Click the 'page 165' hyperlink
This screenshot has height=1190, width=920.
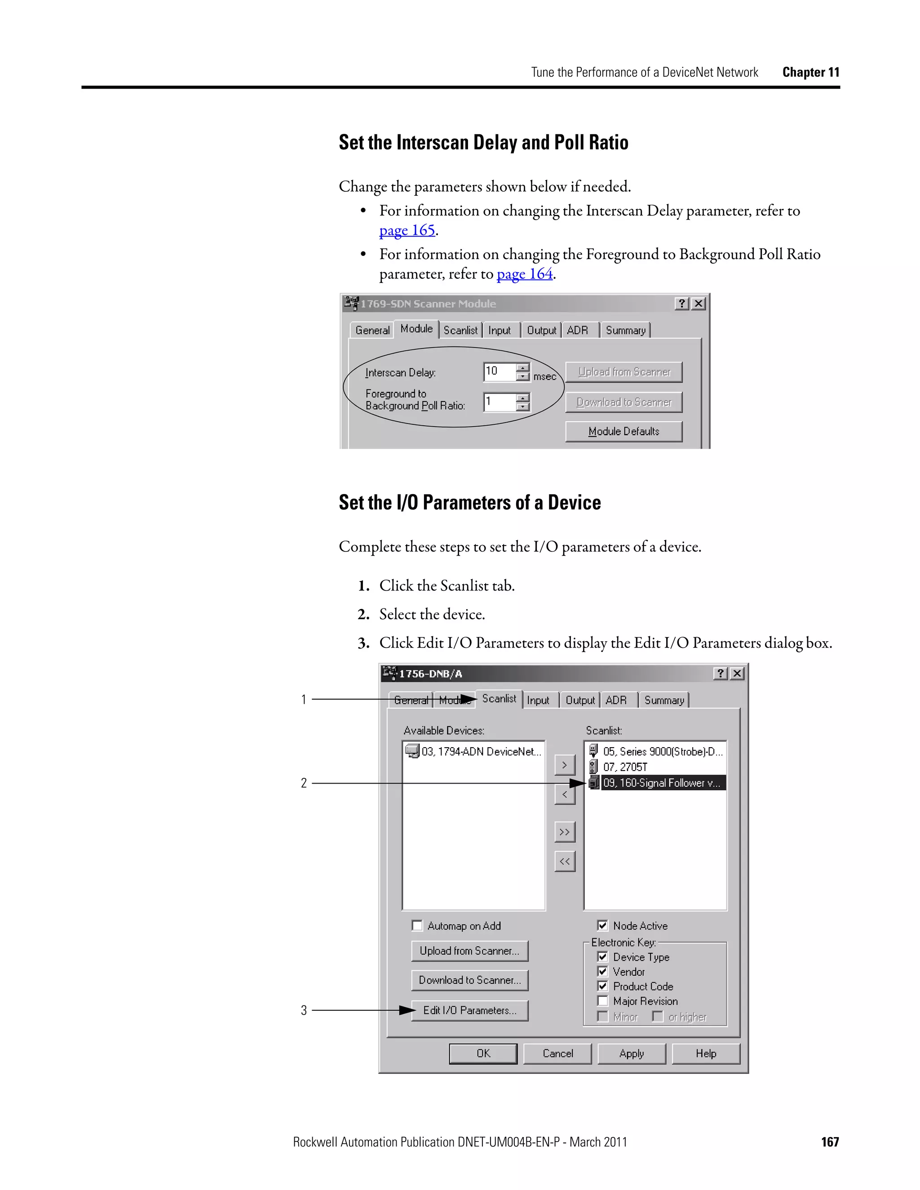pos(407,230)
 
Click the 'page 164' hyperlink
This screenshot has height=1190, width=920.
pos(524,274)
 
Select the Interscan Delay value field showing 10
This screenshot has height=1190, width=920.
pos(499,372)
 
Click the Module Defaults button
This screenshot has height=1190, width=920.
pos(624,432)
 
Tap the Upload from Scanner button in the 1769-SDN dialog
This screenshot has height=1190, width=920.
pos(624,372)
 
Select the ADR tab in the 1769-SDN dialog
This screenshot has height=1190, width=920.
pos(578,330)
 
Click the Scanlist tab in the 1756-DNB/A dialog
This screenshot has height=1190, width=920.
pos(499,699)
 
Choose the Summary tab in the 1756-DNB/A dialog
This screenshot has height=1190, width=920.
pos(664,700)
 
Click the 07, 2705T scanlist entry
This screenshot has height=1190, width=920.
pos(625,767)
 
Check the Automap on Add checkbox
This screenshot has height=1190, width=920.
pos(417,926)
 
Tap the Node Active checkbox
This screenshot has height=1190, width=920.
pos(602,926)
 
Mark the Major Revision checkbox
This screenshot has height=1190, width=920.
pos(602,1001)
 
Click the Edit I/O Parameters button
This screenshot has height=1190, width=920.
pos(469,1011)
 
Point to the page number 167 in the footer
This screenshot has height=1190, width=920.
pos(830,1142)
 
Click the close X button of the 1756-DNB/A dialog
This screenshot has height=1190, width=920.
pos(737,674)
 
